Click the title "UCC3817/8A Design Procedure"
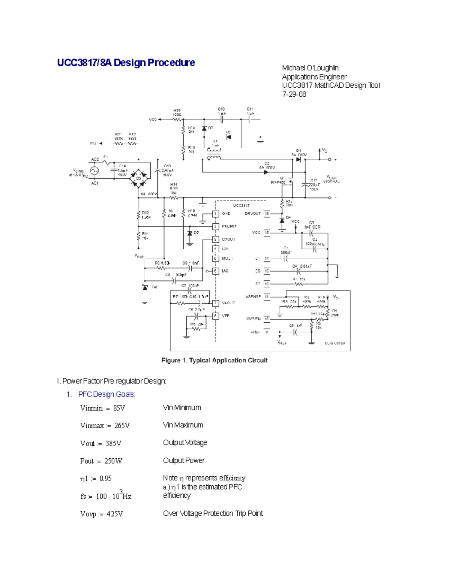tap(126, 63)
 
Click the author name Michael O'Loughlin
tap(310, 68)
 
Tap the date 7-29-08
tap(294, 94)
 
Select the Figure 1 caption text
tap(214, 360)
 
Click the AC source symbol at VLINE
tap(94, 171)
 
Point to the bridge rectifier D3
tap(138, 178)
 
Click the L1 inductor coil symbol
tap(214, 158)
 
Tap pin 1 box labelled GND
tap(216, 214)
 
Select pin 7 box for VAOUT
tap(216, 303)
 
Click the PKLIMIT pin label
tap(229, 226)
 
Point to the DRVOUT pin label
tap(252, 214)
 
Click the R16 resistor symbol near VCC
tap(177, 120)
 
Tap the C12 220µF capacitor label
tap(314, 184)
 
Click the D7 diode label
tap(210, 128)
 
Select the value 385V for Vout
tap(113, 443)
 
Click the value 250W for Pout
tap(113, 461)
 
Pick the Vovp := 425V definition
tap(102, 514)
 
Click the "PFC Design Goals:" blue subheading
tap(106, 394)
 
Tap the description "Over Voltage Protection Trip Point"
tap(213, 513)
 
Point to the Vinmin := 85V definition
tap(102, 408)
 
